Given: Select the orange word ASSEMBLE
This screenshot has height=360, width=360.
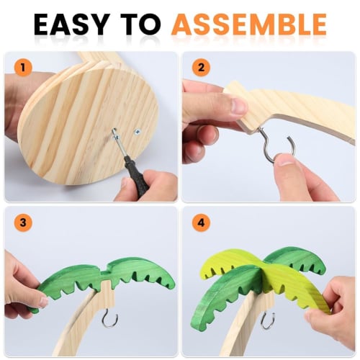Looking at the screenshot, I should click(x=248, y=24).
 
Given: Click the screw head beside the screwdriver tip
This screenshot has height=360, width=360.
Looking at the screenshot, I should click(x=137, y=131).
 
